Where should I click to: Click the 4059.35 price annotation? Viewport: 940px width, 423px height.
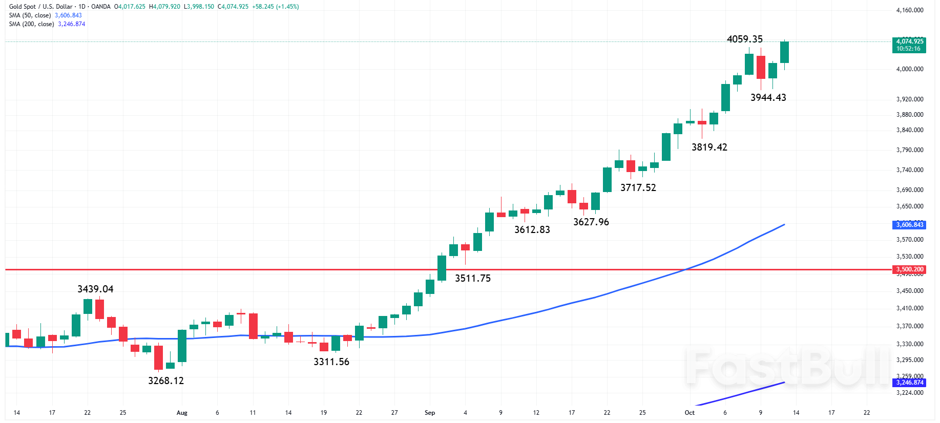(x=744, y=39)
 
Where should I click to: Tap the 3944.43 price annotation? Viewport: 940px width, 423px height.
(x=768, y=98)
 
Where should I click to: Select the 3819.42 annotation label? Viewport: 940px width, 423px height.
(x=709, y=147)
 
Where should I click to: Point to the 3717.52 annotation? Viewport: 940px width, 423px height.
(x=638, y=188)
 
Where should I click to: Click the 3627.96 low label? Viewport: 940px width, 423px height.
(x=591, y=222)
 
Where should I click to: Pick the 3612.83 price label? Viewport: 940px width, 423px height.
(x=532, y=230)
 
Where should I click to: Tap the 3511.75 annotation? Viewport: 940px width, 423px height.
(x=472, y=279)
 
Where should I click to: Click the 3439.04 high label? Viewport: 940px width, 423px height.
(x=95, y=289)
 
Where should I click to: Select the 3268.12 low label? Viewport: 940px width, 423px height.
(x=165, y=381)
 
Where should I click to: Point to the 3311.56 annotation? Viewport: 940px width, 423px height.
(x=331, y=362)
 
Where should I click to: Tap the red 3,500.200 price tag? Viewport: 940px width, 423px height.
(x=909, y=269)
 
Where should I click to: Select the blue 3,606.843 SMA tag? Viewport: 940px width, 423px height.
(x=909, y=225)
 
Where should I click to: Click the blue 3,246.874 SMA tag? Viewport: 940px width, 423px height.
(x=909, y=383)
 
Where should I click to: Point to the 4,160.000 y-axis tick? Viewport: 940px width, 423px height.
(x=909, y=10)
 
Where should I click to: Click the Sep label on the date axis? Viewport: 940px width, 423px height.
(x=429, y=413)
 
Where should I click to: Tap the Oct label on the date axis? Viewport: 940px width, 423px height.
(x=690, y=413)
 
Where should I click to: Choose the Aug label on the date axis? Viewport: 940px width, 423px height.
(x=181, y=413)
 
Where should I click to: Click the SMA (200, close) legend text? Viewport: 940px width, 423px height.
(x=31, y=24)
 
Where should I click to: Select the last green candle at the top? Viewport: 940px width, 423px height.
(x=784, y=52)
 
